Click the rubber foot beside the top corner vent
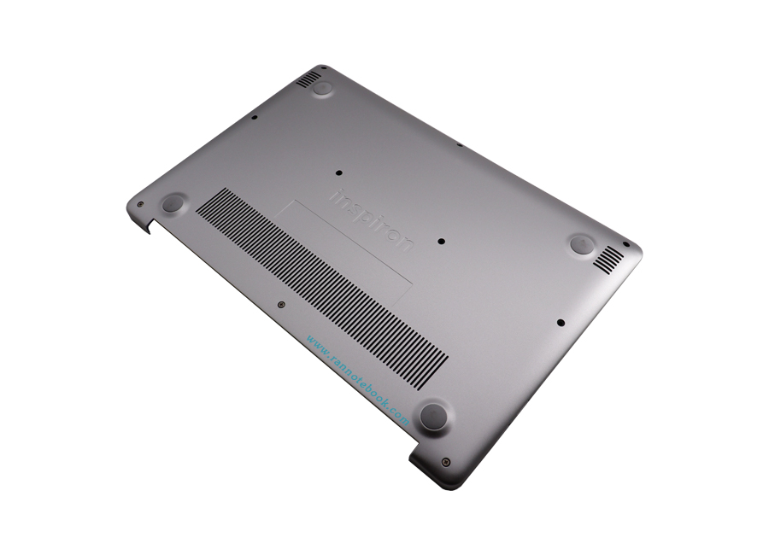[x=323, y=87]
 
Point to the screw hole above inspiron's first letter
[x=340, y=172]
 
